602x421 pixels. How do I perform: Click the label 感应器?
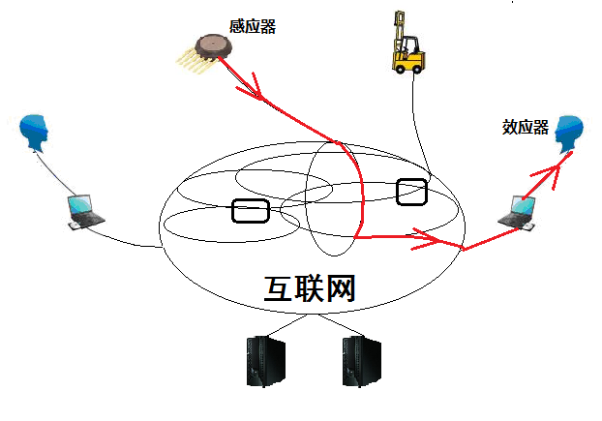(255, 27)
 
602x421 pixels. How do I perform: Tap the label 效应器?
(526, 128)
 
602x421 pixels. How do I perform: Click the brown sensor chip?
(211, 45)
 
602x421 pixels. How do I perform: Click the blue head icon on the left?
(36, 133)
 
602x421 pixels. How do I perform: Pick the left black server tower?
(258, 361)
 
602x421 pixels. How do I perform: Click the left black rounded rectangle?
(250, 210)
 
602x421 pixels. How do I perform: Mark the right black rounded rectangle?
(412, 192)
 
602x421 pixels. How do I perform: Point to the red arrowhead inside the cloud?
(427, 235)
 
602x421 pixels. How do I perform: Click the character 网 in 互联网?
(339, 289)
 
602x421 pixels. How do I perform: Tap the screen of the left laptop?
(79, 205)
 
